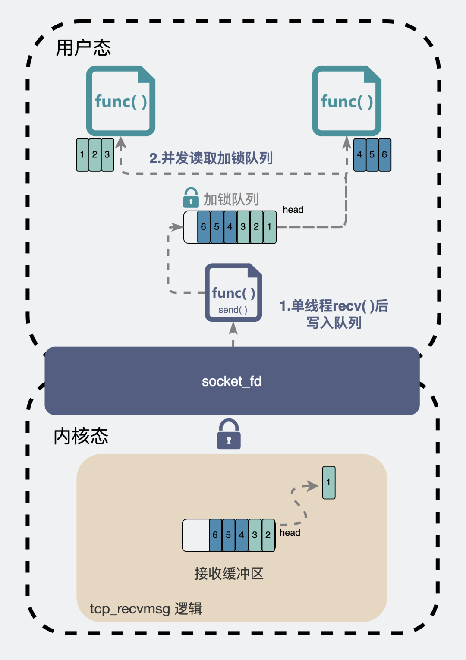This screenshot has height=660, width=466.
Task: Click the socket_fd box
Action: pos(232,381)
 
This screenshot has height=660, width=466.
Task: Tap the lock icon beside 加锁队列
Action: pos(191,198)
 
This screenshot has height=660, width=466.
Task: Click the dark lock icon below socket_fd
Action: pos(229,435)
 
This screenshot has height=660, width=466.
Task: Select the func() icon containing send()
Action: pos(233,292)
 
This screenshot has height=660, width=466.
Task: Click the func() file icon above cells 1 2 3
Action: pos(121,101)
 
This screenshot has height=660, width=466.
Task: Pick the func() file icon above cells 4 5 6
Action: pos(346,101)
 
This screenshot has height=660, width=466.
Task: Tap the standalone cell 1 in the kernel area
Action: pos(329,482)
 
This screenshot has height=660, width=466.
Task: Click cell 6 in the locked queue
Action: pos(204,227)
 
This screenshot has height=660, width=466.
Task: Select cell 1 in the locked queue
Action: pos(270,227)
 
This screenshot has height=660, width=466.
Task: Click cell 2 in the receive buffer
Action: pos(268,535)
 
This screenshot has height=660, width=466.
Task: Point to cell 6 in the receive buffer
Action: pos(215,535)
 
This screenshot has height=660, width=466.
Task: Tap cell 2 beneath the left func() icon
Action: pos(95,154)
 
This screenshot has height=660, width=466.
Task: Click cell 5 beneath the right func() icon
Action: pos(372,154)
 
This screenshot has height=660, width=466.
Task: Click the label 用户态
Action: pos(83,48)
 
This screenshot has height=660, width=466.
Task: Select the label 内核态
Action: pos(81,436)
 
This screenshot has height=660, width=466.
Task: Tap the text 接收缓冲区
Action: pos(229,574)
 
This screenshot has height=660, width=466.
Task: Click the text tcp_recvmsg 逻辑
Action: pos(146,609)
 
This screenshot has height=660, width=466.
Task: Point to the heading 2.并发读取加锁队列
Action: pos(211,158)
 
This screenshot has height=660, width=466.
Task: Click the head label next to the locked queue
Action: pos(293,210)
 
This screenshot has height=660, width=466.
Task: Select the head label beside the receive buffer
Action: pos(290,533)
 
